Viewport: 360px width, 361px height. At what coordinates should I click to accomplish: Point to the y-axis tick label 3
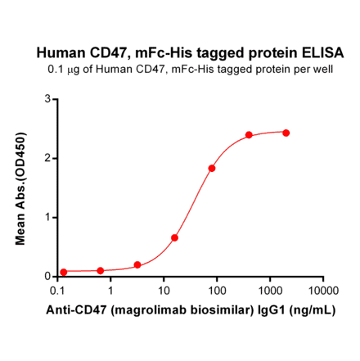tap(47, 99)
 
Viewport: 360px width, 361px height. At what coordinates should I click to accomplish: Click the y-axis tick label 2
tap(47, 158)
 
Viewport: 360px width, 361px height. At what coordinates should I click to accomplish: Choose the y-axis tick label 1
tap(47, 217)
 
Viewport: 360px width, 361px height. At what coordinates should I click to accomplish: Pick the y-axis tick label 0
tap(47, 277)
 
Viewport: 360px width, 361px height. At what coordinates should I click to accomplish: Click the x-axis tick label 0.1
tap(58, 291)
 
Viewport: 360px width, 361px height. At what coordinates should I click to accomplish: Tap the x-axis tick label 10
tap(164, 291)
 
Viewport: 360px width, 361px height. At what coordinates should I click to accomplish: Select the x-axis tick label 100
tap(217, 291)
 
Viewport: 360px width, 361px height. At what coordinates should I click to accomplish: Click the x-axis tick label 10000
tap(322, 291)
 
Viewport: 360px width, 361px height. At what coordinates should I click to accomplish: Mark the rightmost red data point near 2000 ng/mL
tap(286, 133)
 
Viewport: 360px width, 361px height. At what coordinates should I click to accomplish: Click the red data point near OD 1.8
tap(212, 169)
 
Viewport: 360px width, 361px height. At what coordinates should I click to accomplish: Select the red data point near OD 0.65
tap(174, 237)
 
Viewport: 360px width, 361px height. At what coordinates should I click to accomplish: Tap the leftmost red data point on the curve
tap(64, 273)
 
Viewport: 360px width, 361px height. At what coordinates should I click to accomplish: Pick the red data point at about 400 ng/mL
tap(249, 135)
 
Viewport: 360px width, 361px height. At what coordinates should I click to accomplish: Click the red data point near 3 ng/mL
tap(137, 265)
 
